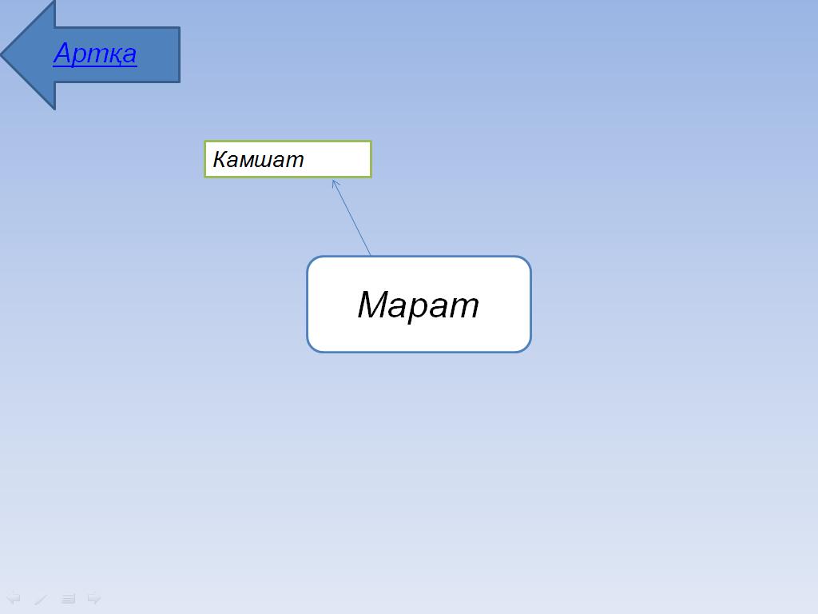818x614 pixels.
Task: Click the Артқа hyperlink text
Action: (x=95, y=54)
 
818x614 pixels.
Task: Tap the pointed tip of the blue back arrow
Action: (x=2, y=54)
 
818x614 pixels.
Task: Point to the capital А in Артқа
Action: (x=65, y=52)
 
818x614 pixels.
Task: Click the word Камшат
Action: (x=258, y=159)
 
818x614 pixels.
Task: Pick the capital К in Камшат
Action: (x=220, y=159)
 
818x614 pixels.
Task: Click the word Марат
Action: (x=418, y=305)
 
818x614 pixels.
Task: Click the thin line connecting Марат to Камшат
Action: (x=351, y=217)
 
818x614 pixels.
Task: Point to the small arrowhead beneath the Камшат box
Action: (x=336, y=184)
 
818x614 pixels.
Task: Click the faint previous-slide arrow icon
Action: (x=13, y=598)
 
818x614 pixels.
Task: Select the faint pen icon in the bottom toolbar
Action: (x=41, y=599)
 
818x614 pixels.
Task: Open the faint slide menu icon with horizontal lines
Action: (x=68, y=599)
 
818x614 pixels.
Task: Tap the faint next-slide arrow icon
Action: (x=94, y=598)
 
